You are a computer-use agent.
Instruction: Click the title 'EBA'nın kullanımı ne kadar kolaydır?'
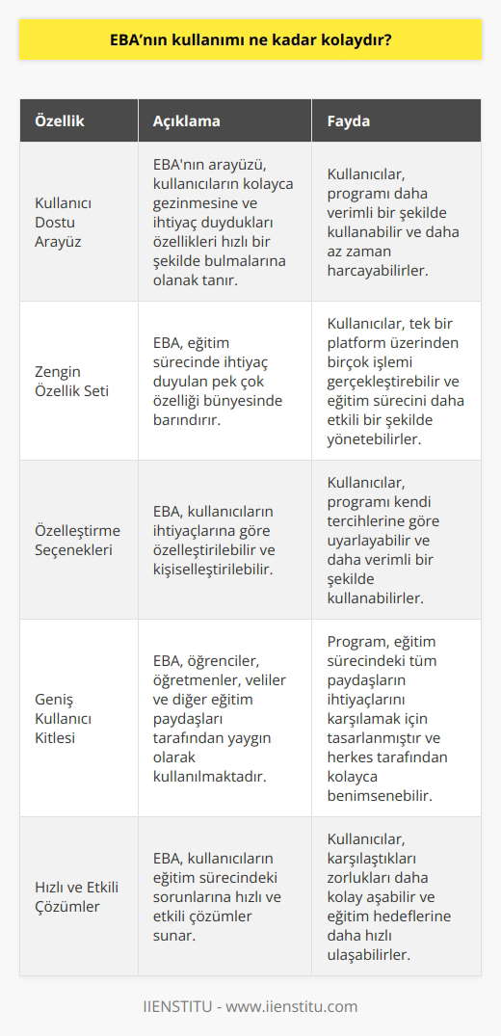(x=250, y=43)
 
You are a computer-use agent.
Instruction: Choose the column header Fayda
(x=349, y=122)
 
